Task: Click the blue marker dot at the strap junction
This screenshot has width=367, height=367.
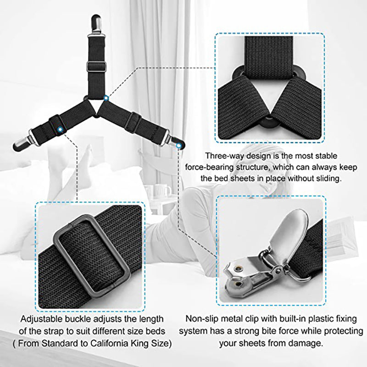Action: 106,98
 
